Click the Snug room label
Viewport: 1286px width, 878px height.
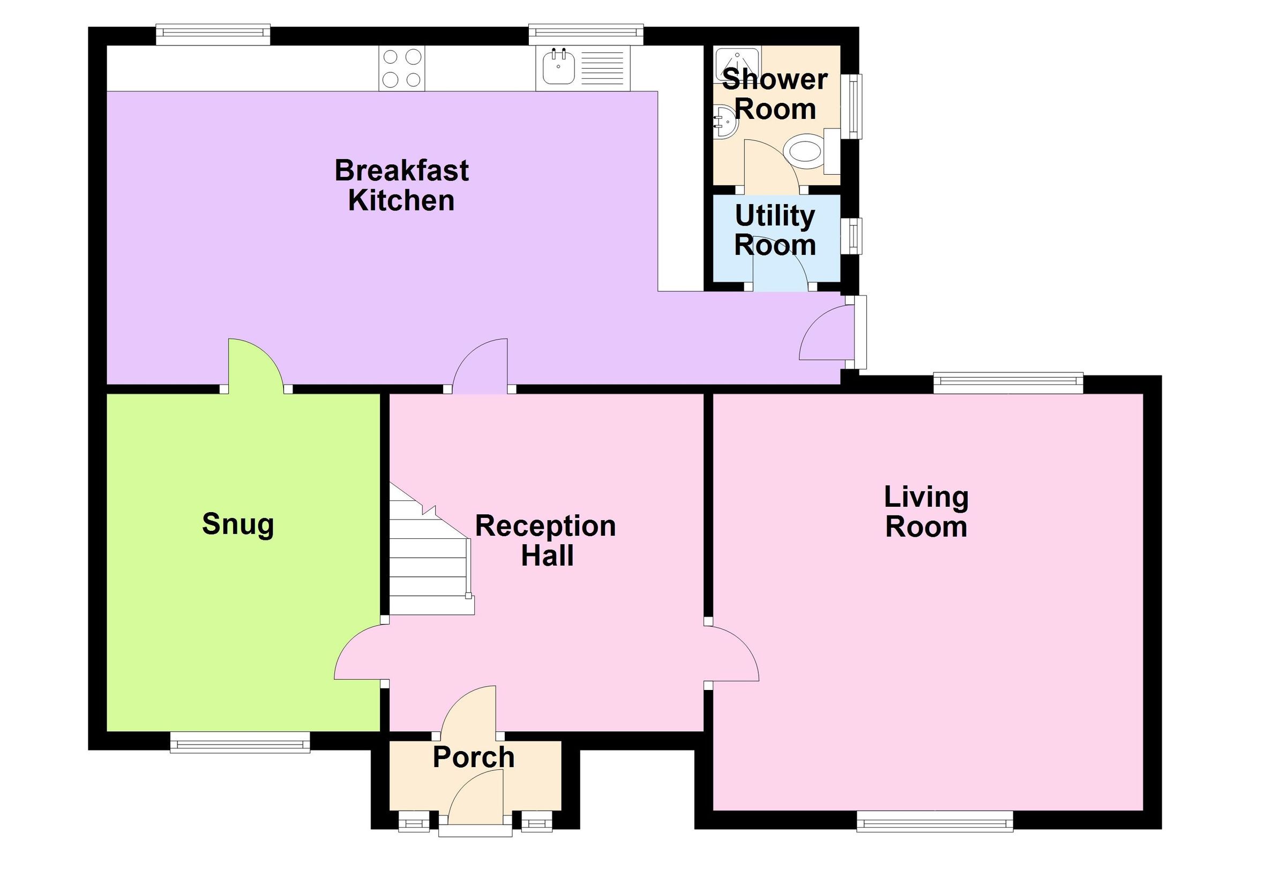coord(238,524)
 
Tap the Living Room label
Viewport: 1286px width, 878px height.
coord(926,512)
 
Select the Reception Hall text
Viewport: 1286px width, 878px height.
coord(545,541)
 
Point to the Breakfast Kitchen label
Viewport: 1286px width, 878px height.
coord(402,185)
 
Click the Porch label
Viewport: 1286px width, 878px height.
coord(474,757)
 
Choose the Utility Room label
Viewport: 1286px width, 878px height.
coord(775,230)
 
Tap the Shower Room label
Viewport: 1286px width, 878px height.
coord(775,94)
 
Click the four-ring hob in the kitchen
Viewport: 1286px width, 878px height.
coord(402,69)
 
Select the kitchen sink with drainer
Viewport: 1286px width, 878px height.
coord(583,69)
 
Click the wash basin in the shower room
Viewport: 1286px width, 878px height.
coord(724,123)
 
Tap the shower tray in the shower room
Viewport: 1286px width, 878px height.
coord(737,65)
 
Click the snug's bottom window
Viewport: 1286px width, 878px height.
coord(240,742)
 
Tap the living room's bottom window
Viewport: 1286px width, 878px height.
coord(934,822)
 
